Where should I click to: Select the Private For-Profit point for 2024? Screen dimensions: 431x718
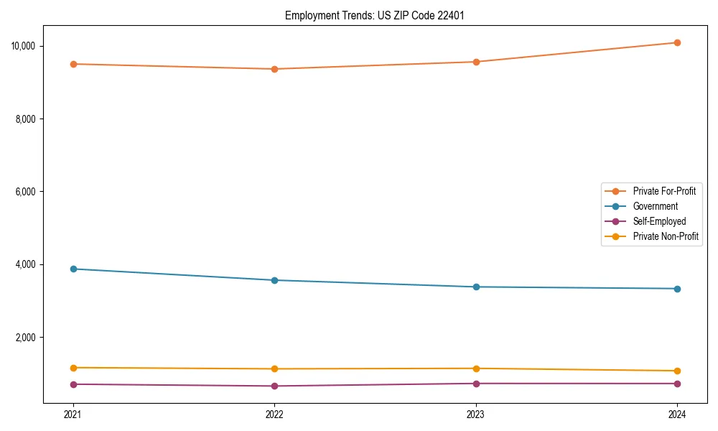(677, 43)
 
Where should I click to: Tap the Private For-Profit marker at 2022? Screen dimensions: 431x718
(274, 69)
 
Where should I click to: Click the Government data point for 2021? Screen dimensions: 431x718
(73, 269)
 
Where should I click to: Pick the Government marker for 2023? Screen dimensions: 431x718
(476, 287)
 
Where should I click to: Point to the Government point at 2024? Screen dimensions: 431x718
(677, 289)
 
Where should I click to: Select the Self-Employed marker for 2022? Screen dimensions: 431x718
(274, 386)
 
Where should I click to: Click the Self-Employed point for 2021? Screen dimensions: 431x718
(73, 384)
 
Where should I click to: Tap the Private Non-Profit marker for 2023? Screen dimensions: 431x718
(476, 369)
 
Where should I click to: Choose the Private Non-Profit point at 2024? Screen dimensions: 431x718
(677, 371)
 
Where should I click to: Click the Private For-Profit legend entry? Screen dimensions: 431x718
(663, 191)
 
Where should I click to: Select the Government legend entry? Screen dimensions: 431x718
(655, 206)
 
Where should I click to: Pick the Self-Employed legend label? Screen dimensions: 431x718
(659, 221)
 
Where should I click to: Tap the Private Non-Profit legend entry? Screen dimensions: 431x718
(666, 236)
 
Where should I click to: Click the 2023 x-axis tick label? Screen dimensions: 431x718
(476, 414)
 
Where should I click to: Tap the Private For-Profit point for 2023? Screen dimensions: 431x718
(476, 62)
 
